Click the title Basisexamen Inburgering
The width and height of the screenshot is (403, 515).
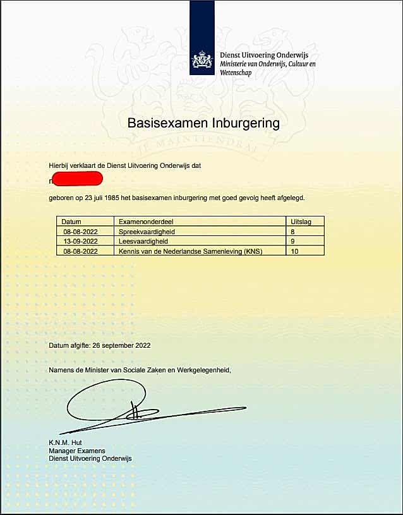tap(203, 122)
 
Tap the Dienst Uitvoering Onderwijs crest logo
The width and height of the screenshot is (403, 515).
tap(202, 60)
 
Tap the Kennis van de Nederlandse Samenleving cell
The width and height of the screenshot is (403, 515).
tap(190, 251)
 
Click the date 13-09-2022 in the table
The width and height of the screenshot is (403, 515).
tap(80, 241)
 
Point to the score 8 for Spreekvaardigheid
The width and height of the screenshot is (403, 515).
tap(291, 232)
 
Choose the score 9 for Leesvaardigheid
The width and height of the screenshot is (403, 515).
tap(291, 241)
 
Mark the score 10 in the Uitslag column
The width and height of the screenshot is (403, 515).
tap(293, 251)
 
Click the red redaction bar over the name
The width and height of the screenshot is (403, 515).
tap(76, 181)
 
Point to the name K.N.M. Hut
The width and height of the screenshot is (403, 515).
tap(66, 443)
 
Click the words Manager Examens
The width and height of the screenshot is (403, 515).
tap(77, 451)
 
